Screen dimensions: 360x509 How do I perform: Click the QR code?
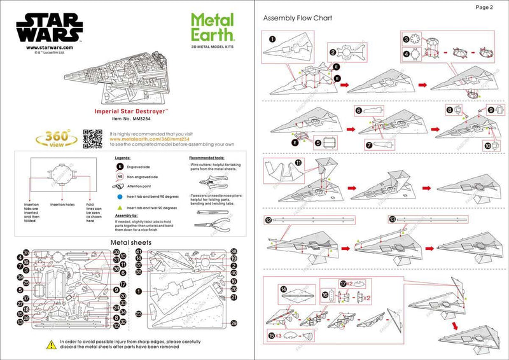(x=93, y=137)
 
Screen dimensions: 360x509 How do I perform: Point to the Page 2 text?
(x=484, y=8)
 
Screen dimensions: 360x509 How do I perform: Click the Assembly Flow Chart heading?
(x=298, y=18)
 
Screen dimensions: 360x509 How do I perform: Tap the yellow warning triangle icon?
(x=50, y=345)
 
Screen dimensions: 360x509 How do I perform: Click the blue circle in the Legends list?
(x=120, y=197)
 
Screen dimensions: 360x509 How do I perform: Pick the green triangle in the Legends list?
(x=120, y=208)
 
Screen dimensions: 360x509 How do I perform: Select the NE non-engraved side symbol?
(x=120, y=177)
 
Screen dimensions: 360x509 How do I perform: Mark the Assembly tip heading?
(x=127, y=216)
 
